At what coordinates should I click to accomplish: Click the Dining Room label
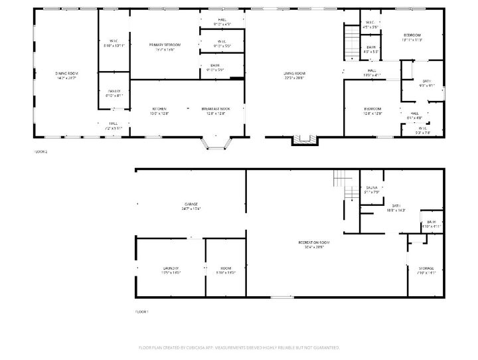(x=66, y=72)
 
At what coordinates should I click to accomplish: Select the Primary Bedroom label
(x=164, y=45)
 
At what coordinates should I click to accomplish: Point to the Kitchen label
(x=159, y=109)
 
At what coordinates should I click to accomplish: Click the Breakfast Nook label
(x=216, y=109)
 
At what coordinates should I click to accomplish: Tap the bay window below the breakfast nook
(x=216, y=144)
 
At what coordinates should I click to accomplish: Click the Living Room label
(x=294, y=73)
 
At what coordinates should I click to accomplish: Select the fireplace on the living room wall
(x=305, y=139)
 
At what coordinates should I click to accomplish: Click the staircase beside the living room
(x=350, y=42)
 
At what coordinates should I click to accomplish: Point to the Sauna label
(x=372, y=188)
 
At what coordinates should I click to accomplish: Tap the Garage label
(x=191, y=204)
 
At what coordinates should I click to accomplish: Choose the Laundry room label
(x=171, y=268)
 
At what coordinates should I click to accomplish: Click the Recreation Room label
(x=314, y=243)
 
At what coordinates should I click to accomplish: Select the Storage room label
(x=426, y=268)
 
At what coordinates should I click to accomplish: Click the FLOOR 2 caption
(x=40, y=151)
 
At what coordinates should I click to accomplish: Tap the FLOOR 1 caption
(x=142, y=311)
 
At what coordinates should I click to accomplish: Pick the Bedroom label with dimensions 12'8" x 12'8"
(x=372, y=109)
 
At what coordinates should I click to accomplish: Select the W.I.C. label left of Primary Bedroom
(x=114, y=41)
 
